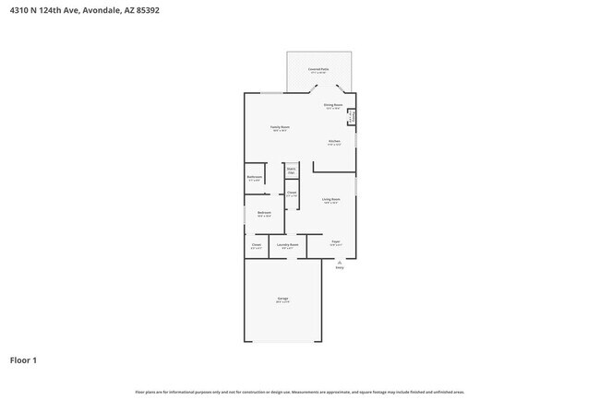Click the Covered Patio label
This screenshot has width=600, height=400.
click(318, 70)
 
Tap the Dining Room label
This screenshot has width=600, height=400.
click(333, 106)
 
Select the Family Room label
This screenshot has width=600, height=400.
click(279, 128)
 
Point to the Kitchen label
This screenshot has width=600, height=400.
click(334, 142)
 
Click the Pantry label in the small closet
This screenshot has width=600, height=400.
click(351, 116)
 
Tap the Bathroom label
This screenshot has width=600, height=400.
click(254, 178)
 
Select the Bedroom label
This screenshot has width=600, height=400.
click(264, 214)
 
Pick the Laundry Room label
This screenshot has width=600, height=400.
click(288, 245)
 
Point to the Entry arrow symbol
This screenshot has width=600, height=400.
click(339, 262)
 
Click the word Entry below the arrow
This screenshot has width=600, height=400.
click(339, 268)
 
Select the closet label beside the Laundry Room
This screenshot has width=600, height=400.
click(256, 245)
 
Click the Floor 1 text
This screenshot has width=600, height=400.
click(24, 359)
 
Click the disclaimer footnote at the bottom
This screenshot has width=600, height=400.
click(300, 391)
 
